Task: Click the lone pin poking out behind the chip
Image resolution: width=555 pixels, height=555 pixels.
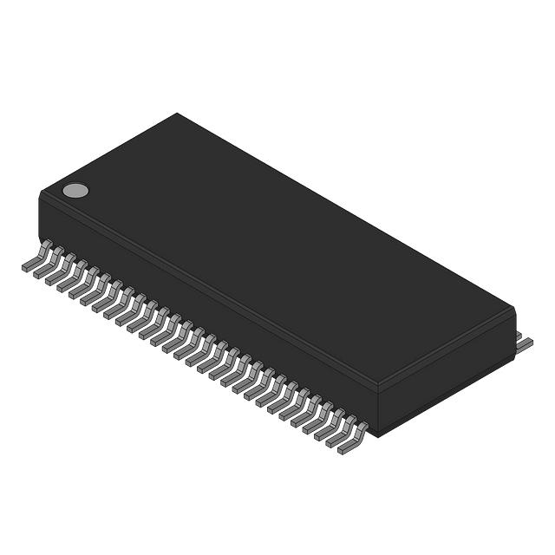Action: pyautogui.click(x=524, y=343)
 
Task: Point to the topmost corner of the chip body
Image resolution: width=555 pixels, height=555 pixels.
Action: pyautogui.click(x=178, y=114)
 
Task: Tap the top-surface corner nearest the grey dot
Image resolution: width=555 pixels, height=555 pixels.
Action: pyautogui.click(x=43, y=193)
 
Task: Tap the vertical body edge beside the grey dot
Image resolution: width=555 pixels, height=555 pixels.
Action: pyautogui.click(x=41, y=215)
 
